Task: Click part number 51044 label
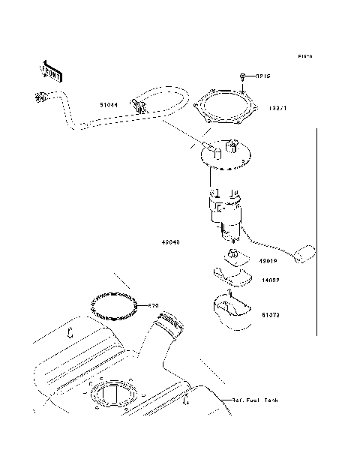pyautogui.click(x=109, y=106)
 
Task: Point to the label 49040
pyautogui.click(x=169, y=242)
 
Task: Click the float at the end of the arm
pyautogui.click(x=306, y=255)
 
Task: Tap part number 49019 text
pyautogui.click(x=270, y=262)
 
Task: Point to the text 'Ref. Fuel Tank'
pyautogui.click(x=255, y=401)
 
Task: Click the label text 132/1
pyautogui.click(x=277, y=108)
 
